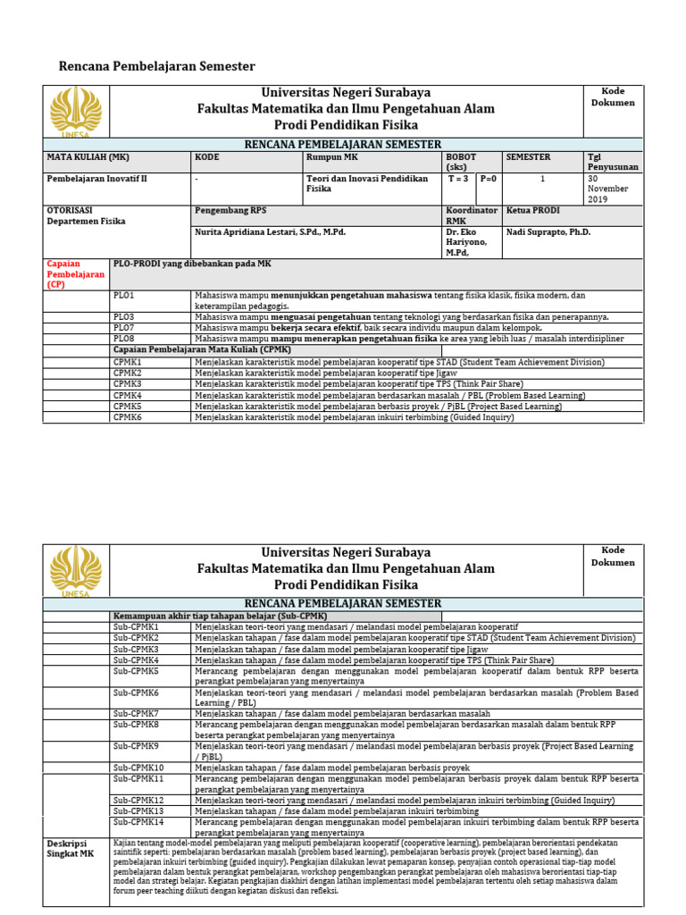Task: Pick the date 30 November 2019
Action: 607,189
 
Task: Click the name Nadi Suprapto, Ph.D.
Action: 548,231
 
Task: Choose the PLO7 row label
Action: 123,328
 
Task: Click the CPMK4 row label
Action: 127,395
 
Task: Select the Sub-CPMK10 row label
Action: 138,768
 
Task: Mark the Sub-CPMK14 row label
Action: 138,821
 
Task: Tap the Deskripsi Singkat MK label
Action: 71,848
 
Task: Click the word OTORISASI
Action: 70,210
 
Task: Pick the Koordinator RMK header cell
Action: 472,215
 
